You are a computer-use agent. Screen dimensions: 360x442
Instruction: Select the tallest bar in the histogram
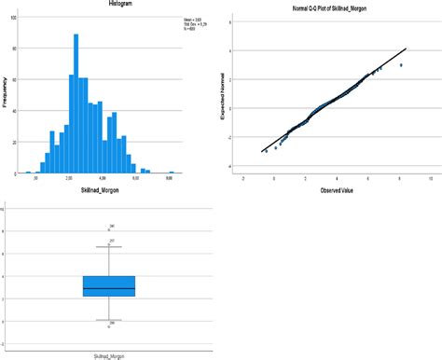pos(76,104)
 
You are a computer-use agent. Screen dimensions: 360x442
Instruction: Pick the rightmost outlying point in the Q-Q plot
pos(401,65)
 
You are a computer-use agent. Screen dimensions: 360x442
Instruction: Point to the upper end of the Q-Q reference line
pos(407,49)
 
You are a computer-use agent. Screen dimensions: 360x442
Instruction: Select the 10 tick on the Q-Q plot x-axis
pos(430,177)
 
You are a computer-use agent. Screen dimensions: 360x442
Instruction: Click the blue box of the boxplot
pos(109,285)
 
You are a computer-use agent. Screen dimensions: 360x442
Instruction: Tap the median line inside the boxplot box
pos(109,288)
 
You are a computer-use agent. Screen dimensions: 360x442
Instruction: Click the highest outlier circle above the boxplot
pos(109,229)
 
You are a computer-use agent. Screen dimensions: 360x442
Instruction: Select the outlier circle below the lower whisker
pos(109,327)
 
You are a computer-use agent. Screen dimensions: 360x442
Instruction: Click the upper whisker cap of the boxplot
pos(109,247)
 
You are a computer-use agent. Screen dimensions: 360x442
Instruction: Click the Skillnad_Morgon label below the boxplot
pos(109,354)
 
